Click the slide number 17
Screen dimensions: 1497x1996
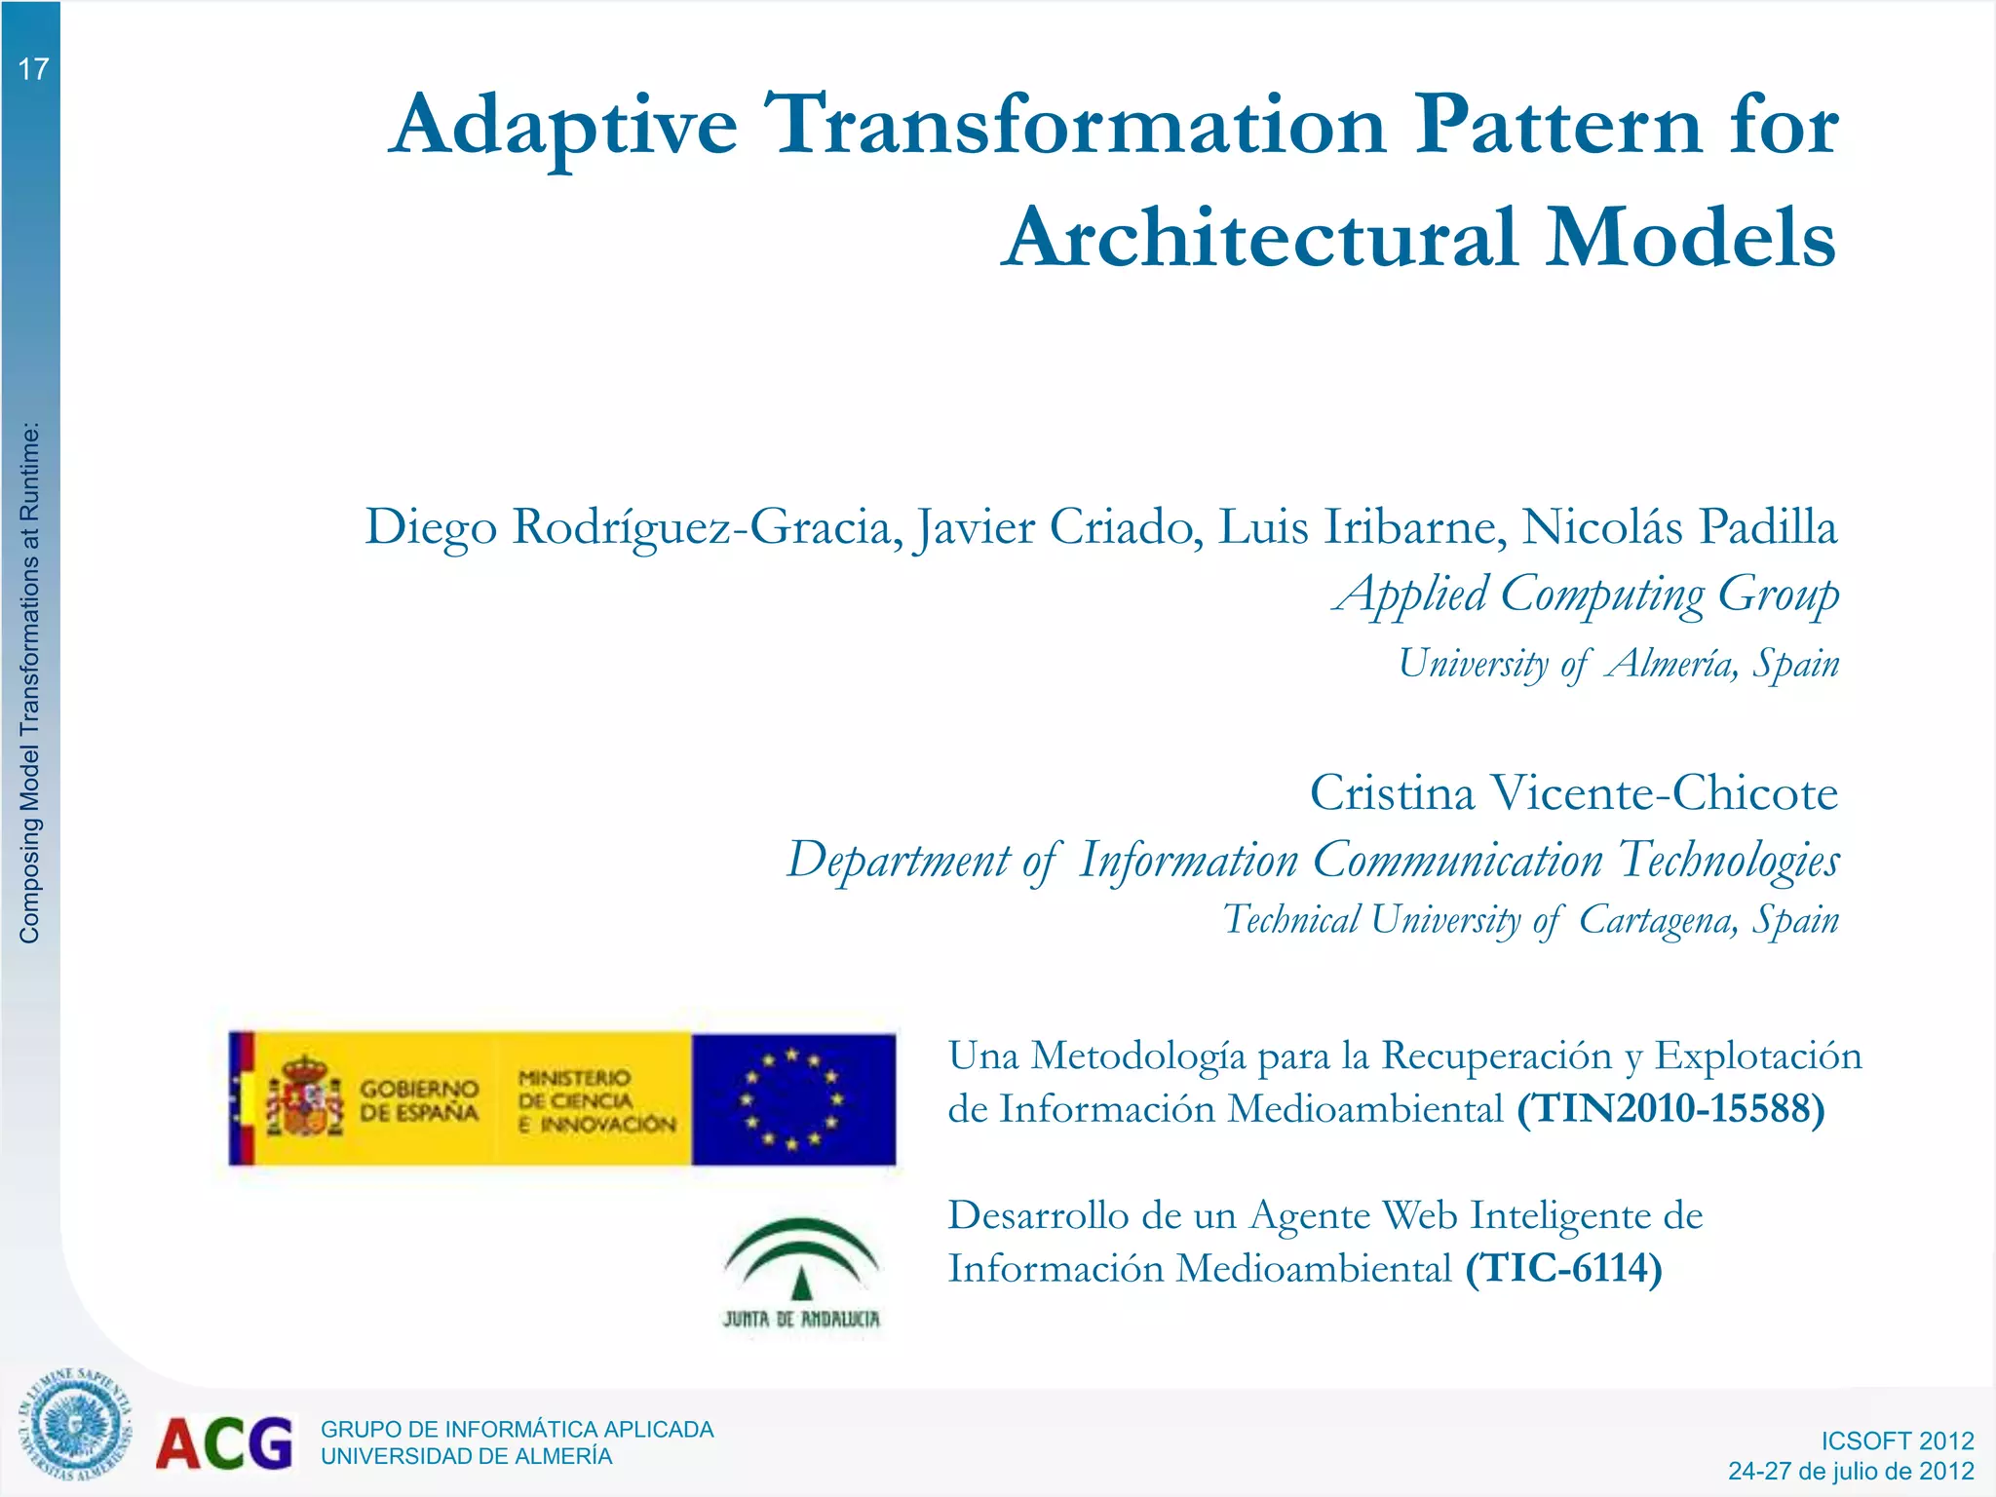click(33, 69)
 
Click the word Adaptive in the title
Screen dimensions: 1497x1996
click(563, 127)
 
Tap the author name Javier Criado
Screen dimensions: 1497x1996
click(1056, 528)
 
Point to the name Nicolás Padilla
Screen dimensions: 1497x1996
click(1678, 528)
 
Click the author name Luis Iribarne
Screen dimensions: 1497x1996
click(1356, 528)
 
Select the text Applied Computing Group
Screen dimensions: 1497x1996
click(1587, 595)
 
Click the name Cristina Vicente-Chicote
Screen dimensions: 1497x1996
click(1573, 793)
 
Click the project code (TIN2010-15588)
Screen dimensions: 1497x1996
click(1670, 1109)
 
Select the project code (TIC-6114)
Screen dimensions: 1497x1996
click(1563, 1269)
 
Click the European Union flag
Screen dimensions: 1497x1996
click(793, 1099)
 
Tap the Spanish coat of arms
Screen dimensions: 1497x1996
click(306, 1097)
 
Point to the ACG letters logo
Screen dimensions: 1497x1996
click(224, 1443)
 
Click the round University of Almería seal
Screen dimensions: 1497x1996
click(74, 1424)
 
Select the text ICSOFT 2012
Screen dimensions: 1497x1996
click(1897, 1441)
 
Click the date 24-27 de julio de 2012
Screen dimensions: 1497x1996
click(1851, 1471)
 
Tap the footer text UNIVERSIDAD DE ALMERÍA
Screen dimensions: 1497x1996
click(467, 1457)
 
